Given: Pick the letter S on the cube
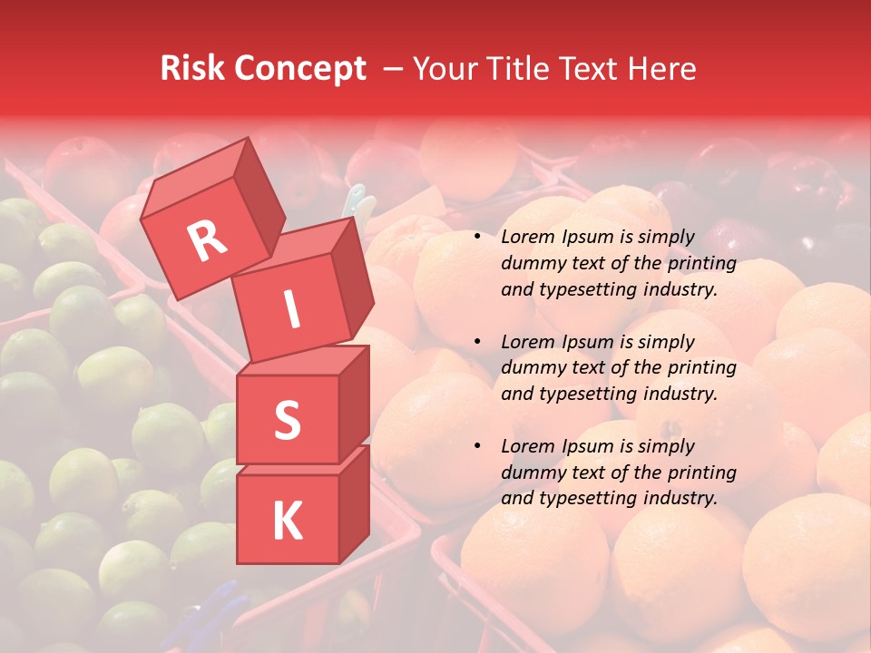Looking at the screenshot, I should (x=287, y=420).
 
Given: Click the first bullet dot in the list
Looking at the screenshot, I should (x=477, y=238).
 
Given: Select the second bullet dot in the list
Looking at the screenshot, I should (x=477, y=342).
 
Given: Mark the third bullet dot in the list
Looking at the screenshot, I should (x=477, y=446).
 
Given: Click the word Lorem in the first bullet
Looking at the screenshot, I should (x=526, y=237).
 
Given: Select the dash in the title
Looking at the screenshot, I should (x=394, y=69).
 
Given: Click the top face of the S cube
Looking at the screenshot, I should (x=304, y=360).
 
